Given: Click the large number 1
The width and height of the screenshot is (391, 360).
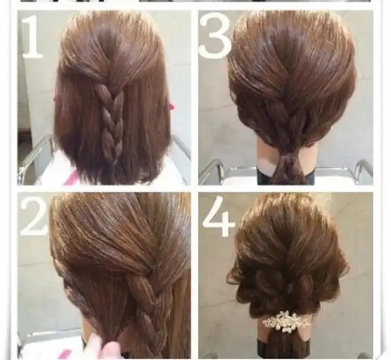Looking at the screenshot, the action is tap(32, 37).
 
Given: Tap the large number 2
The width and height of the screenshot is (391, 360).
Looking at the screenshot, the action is tap(33, 215).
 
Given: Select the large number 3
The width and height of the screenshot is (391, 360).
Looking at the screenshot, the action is tap(215, 37).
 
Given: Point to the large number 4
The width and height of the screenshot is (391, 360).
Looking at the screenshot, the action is tap(220, 216).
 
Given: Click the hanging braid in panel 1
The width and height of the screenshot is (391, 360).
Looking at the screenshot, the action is tap(113, 117).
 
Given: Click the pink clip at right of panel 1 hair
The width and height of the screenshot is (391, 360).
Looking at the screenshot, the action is tap(171, 104).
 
